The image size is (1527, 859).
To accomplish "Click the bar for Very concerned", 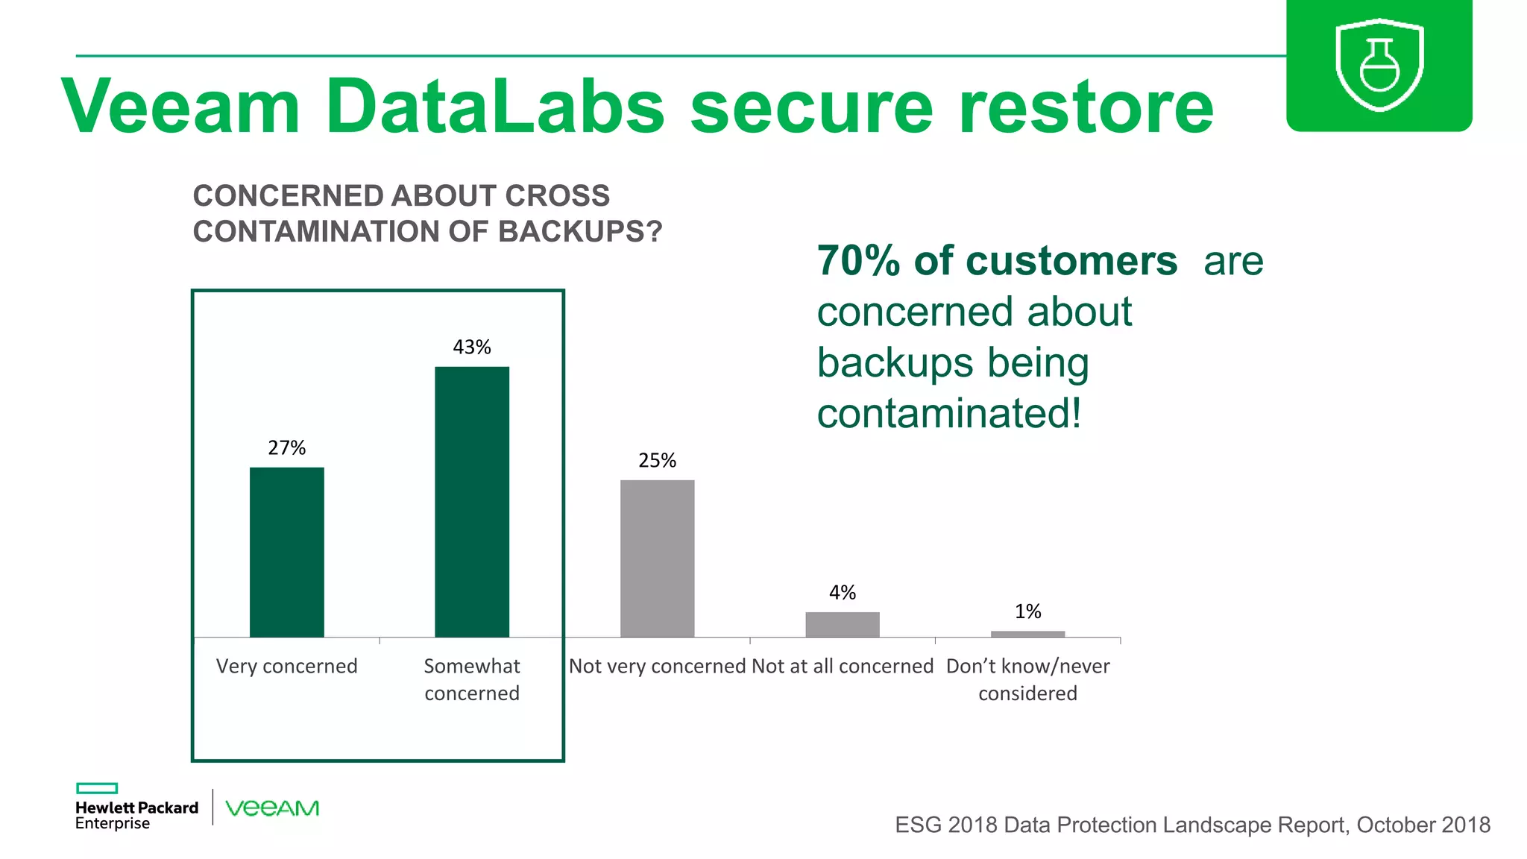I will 286,552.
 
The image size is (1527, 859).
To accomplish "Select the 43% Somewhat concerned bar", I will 472,501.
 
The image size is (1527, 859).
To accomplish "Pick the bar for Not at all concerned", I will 842,624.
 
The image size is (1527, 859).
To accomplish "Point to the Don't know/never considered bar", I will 1027,634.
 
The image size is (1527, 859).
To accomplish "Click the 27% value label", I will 286,447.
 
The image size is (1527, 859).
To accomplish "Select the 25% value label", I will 657,460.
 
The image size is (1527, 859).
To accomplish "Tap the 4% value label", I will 842,592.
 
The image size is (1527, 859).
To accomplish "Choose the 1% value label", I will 1027,611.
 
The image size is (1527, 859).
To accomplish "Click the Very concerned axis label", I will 286,666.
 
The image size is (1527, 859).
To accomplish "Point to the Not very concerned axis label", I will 657,666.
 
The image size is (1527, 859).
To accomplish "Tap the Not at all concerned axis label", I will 843,666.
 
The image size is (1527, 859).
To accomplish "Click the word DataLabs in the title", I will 494,106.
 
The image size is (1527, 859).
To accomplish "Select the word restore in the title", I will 1086,106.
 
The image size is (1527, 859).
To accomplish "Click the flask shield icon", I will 1379,66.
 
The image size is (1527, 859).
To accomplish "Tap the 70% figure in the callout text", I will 858,261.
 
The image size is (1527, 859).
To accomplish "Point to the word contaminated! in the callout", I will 948,413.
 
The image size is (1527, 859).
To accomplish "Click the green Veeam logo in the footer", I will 272,808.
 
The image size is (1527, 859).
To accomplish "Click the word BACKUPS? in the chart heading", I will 579,232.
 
